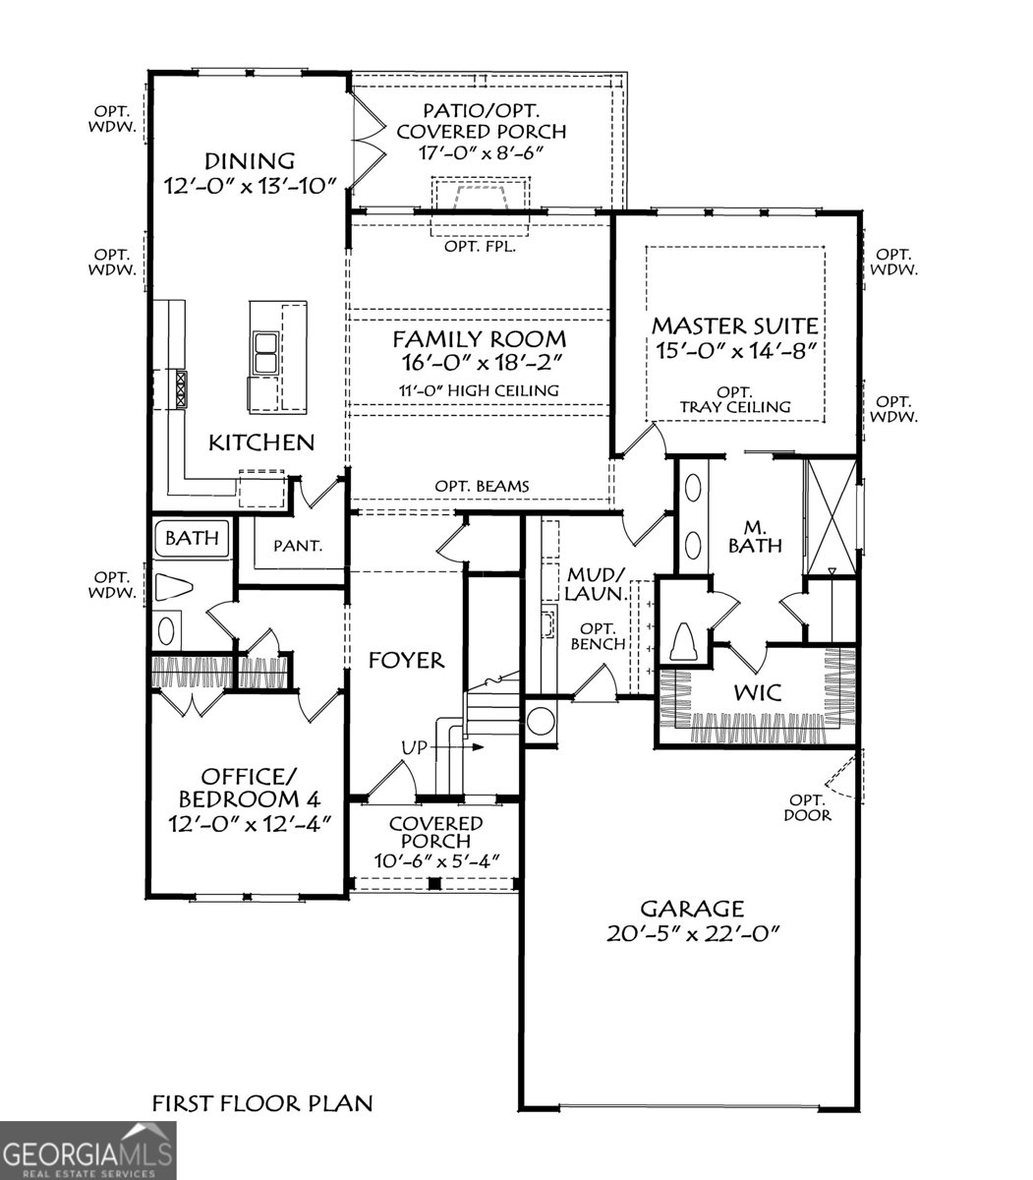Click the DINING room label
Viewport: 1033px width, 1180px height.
click(x=250, y=160)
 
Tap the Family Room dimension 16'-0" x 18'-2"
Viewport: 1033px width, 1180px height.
click(x=480, y=364)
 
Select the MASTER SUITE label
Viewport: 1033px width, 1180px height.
click(x=735, y=325)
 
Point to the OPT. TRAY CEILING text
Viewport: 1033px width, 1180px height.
click(x=735, y=398)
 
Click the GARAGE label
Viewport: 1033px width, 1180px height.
click(x=692, y=909)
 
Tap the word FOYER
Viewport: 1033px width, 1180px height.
click(x=406, y=660)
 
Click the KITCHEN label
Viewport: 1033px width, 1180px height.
click(x=261, y=442)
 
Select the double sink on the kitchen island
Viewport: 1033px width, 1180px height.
click(x=265, y=353)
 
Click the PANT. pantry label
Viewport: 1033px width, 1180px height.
click(x=297, y=545)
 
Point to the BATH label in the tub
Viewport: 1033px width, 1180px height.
click(x=192, y=539)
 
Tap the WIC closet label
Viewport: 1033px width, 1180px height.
click(x=758, y=692)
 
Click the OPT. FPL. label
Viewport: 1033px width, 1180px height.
click(x=480, y=247)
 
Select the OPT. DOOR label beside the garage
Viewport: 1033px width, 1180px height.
click(x=808, y=806)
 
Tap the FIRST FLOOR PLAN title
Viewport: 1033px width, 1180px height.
click(x=262, y=1103)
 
